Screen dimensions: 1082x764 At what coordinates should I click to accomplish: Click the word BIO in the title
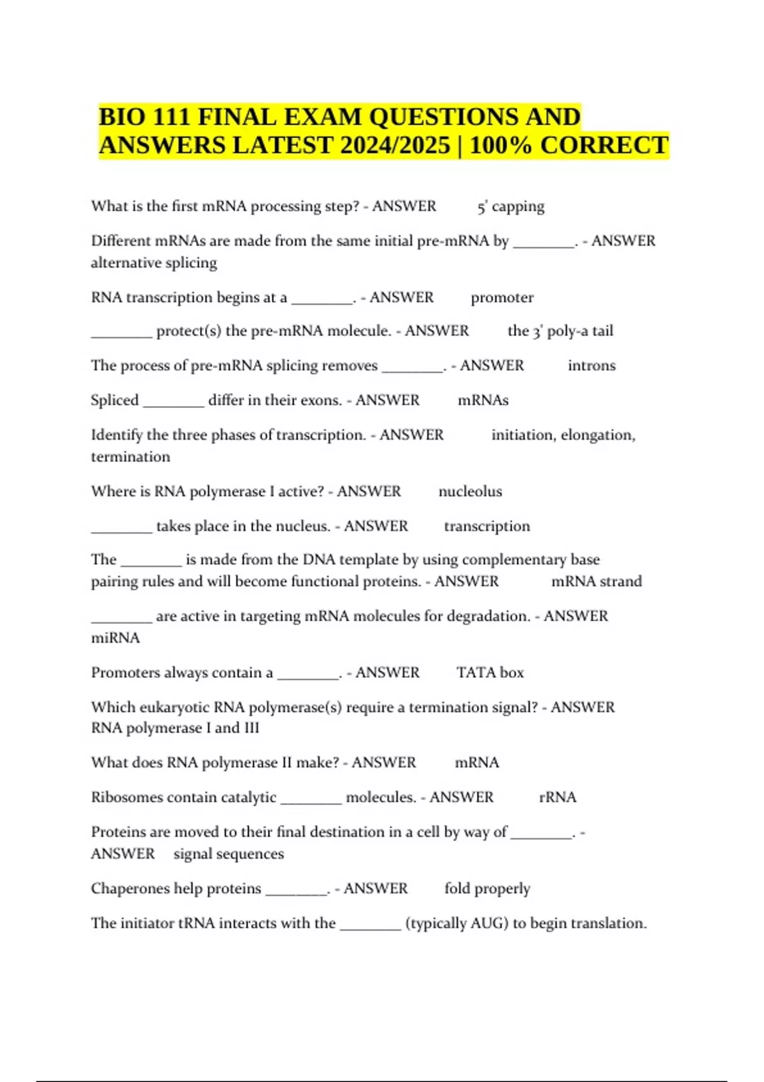(x=122, y=117)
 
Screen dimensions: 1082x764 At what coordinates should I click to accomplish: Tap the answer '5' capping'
(x=511, y=207)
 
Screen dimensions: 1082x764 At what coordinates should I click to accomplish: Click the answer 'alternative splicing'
(x=153, y=263)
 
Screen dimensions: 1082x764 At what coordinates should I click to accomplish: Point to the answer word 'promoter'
(x=502, y=298)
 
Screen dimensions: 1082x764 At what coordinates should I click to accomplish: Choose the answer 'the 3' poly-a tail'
(x=560, y=331)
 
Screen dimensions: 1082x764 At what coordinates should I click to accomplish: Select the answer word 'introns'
(x=591, y=366)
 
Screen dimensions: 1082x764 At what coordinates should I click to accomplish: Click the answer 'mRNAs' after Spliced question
(x=483, y=400)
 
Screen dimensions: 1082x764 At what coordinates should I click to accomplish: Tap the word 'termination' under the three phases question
(x=131, y=457)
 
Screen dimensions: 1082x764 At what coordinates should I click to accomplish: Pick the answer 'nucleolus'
(x=470, y=491)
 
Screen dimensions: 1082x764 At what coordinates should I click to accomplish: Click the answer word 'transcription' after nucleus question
(x=486, y=526)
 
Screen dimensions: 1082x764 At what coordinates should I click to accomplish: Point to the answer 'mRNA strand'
(x=596, y=582)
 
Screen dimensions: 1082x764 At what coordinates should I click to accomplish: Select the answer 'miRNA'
(x=115, y=638)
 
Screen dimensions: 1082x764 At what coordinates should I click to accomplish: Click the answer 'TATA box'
(x=490, y=673)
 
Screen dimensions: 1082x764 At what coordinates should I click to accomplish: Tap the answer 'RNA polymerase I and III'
(x=175, y=728)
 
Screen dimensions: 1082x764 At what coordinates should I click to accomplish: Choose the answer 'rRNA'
(x=557, y=797)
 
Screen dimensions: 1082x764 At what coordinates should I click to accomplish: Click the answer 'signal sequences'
(x=229, y=854)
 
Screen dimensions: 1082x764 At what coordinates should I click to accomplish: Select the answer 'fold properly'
(x=487, y=889)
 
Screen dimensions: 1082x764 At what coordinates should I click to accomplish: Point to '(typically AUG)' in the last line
(x=456, y=924)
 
